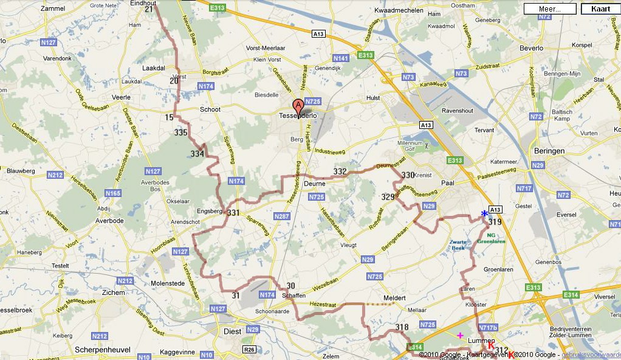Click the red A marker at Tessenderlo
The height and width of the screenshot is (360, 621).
pyautogui.click(x=298, y=105)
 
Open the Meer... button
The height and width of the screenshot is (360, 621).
pyautogui.click(x=549, y=9)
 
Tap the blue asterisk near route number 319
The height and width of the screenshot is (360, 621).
pyautogui.click(x=484, y=213)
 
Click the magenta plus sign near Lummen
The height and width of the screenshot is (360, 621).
pyautogui.click(x=460, y=335)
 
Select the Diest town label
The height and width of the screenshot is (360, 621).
pyautogui.click(x=233, y=331)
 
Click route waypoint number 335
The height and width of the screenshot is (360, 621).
pyautogui.click(x=180, y=133)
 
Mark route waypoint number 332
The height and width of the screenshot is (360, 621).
pyautogui.click(x=340, y=171)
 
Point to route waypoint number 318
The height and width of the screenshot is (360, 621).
pyautogui.click(x=402, y=327)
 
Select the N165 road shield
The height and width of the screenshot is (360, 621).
pyautogui.click(x=112, y=193)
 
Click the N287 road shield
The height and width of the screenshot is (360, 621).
pyautogui.click(x=281, y=216)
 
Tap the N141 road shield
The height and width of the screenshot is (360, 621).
pyautogui.click(x=341, y=58)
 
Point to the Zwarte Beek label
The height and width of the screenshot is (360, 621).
pyautogui.click(x=458, y=245)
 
